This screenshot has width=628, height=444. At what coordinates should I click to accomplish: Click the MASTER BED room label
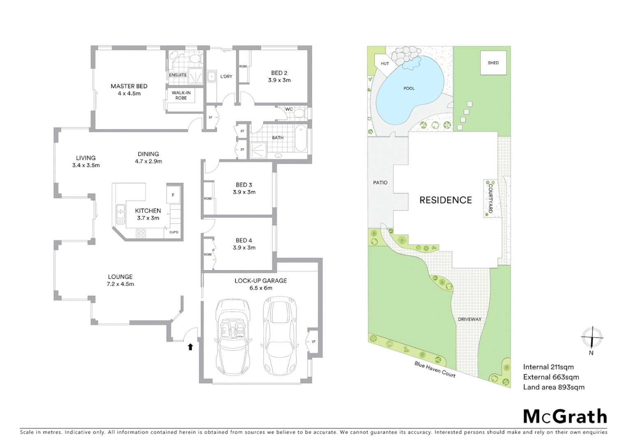129,86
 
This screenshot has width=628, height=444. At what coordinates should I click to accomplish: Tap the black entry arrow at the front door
190,347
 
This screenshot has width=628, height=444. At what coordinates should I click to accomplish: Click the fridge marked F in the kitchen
173,195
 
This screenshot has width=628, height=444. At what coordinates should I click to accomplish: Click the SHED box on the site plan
493,63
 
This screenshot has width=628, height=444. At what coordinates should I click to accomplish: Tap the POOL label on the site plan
409,88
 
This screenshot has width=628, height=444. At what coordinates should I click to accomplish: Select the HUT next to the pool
384,64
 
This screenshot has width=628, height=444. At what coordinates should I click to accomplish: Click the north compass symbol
591,338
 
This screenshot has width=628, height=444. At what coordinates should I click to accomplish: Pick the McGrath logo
565,416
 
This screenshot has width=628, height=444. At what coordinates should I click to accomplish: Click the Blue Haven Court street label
435,369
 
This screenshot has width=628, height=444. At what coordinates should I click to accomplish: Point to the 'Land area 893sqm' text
554,387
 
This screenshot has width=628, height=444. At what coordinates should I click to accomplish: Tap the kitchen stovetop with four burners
141,233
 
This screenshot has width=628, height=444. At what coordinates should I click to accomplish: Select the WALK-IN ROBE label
181,95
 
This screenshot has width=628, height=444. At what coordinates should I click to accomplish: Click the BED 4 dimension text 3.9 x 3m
244,247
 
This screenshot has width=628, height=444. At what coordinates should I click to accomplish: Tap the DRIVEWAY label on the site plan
469,319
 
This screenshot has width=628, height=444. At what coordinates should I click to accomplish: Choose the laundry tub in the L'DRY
212,76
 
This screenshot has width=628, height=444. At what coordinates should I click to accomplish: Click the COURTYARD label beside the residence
490,199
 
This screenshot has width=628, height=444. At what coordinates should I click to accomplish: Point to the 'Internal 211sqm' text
548,367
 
